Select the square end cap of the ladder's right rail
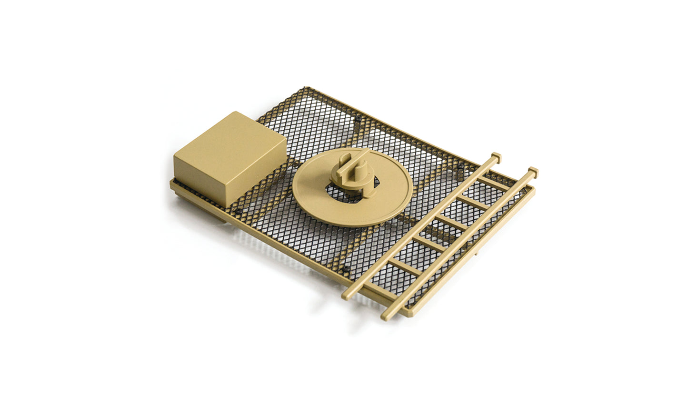tap(533, 171)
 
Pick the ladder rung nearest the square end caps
tap(495, 182)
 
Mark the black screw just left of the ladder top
tap(460, 166)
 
